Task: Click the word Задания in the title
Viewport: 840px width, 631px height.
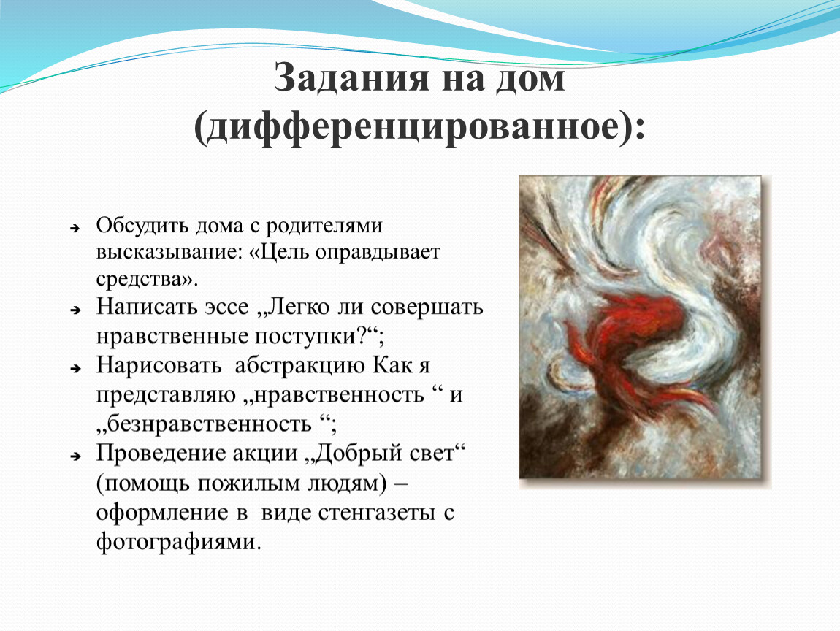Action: point(351,78)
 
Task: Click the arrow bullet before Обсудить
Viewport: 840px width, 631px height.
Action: point(75,229)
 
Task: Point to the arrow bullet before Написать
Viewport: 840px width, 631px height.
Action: point(75,310)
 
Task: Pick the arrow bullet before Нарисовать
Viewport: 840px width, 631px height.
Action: point(75,368)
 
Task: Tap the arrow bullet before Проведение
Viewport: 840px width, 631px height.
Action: point(75,456)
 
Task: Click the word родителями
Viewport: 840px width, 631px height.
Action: point(324,226)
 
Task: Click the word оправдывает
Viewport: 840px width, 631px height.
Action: point(378,253)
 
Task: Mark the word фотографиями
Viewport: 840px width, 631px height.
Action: point(178,542)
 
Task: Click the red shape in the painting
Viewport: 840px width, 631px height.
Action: point(632,343)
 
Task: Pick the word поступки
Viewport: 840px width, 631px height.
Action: point(309,337)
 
